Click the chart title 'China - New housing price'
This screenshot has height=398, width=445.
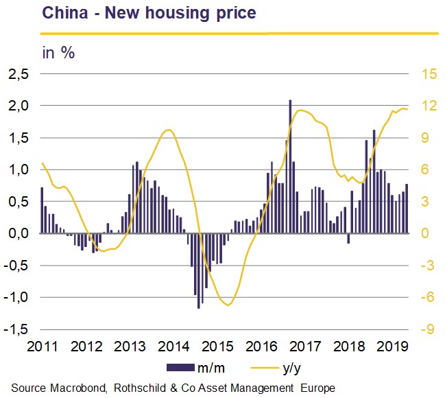[x=149, y=14]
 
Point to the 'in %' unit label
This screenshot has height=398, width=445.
[x=58, y=53]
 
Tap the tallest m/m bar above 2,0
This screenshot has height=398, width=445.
[x=290, y=167]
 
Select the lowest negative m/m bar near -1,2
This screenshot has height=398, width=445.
[x=199, y=271]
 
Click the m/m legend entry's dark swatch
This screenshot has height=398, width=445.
[x=180, y=367]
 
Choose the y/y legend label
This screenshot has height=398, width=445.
[x=291, y=368]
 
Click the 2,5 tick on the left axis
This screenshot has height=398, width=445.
[x=19, y=74]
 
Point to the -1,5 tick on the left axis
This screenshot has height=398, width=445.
[x=16, y=329]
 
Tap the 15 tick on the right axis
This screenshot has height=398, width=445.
[x=429, y=74]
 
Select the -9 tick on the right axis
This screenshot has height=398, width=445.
[x=428, y=329]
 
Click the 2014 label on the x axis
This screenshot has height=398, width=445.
[x=173, y=347]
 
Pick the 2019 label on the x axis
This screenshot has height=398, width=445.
[x=392, y=347]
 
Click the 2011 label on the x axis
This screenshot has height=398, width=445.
[x=42, y=347]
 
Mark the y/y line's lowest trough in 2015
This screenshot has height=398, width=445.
[x=228, y=305]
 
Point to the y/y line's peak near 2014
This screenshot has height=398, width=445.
[x=169, y=130]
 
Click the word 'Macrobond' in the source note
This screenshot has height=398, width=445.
[x=79, y=388]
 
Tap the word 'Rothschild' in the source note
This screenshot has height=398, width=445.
[x=140, y=388]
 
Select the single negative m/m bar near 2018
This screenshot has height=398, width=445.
[x=348, y=238]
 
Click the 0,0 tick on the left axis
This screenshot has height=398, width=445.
[x=19, y=233]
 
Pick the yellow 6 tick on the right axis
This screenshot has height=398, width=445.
[x=425, y=170]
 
